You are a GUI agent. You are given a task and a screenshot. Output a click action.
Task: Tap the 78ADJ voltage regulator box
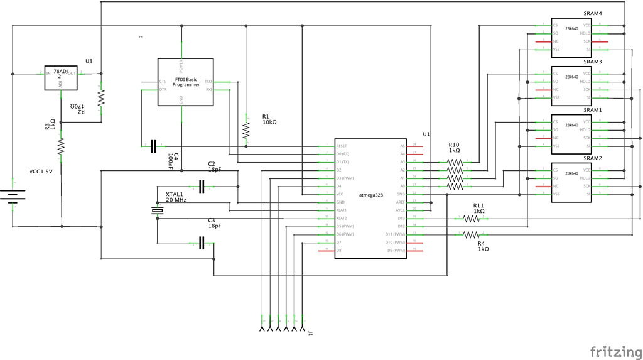pyautogui.click(x=60, y=78)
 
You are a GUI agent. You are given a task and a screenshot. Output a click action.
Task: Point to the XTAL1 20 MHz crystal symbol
pyautogui.click(x=157, y=211)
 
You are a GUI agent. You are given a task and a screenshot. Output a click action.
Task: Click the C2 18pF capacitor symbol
pyautogui.click(x=202, y=186)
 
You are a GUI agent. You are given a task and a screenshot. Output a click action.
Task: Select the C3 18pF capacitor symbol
pyautogui.click(x=202, y=243)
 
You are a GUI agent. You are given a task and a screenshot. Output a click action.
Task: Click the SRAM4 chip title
pyautogui.click(x=592, y=13)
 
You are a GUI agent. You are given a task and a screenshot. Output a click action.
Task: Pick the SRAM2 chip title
pyautogui.click(x=592, y=158)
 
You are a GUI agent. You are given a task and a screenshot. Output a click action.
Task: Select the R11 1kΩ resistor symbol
pyautogui.click(x=471, y=219)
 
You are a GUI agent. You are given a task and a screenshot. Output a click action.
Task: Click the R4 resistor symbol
pyautogui.click(x=471, y=235)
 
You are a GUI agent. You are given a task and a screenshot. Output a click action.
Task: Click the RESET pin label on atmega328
pyautogui.click(x=342, y=146)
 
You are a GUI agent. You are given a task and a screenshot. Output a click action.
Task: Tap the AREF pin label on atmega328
pyautogui.click(x=400, y=202)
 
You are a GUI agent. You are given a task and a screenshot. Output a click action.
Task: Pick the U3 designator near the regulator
pyautogui.click(x=89, y=61)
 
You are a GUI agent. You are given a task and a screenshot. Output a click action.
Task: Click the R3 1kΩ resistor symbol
pyautogui.click(x=61, y=146)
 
